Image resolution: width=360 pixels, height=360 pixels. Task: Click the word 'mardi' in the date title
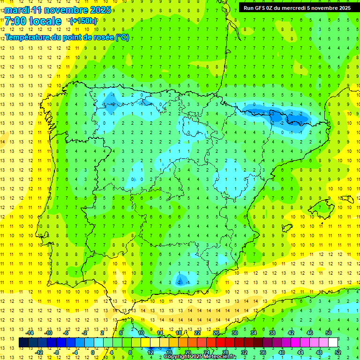coord(16,10)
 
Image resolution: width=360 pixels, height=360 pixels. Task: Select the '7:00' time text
coord(15,21)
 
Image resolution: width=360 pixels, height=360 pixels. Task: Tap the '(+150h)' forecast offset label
coord(83,21)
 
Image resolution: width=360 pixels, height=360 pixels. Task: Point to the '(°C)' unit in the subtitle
coord(122,37)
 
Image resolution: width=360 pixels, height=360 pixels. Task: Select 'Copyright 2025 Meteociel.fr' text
coord(200,357)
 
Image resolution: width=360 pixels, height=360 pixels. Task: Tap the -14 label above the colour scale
coord(30,332)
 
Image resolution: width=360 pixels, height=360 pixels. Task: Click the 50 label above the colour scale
coord(328,332)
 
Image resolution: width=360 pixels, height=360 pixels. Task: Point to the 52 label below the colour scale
coord(338,352)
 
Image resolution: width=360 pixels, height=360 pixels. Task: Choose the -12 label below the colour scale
coord(39,352)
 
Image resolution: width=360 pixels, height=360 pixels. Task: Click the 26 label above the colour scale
coord(216,332)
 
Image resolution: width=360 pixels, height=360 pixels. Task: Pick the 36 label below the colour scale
coord(263,352)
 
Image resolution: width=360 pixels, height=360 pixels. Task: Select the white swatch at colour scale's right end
coord(333,343)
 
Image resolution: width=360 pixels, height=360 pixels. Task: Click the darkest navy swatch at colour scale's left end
coord(23,343)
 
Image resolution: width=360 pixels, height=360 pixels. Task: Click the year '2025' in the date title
coord(100,10)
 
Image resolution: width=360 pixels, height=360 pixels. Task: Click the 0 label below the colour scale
coord(92,352)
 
